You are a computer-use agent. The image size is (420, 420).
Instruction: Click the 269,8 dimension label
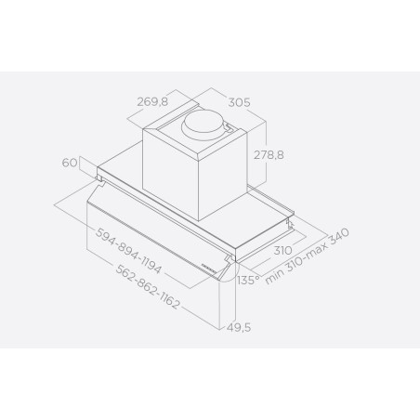[x=152, y=101]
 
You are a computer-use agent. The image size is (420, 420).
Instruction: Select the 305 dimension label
[x=239, y=102]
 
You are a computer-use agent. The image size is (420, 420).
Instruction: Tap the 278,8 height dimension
[x=269, y=154]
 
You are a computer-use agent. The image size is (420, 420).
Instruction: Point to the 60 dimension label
[x=70, y=163]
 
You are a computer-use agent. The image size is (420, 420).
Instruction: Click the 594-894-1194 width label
[x=128, y=251]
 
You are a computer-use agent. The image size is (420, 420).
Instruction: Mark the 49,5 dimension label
[x=238, y=327]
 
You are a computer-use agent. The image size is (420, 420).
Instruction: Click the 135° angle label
[x=248, y=280]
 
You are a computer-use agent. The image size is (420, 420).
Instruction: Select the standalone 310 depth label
[x=283, y=250]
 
